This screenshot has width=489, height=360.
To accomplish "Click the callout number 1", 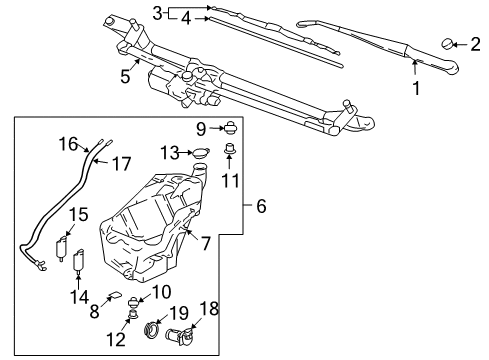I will tap(416, 87).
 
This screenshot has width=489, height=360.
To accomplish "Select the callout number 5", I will tap(125, 75).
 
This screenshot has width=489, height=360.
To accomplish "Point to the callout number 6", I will tap(261, 207).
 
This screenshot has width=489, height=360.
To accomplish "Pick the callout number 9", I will tap(201, 128).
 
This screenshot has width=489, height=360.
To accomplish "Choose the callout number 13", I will tap(168, 152).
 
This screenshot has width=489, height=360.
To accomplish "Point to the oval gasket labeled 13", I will tap(200, 153).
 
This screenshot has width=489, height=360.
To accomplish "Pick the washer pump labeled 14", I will tap(75, 263).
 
